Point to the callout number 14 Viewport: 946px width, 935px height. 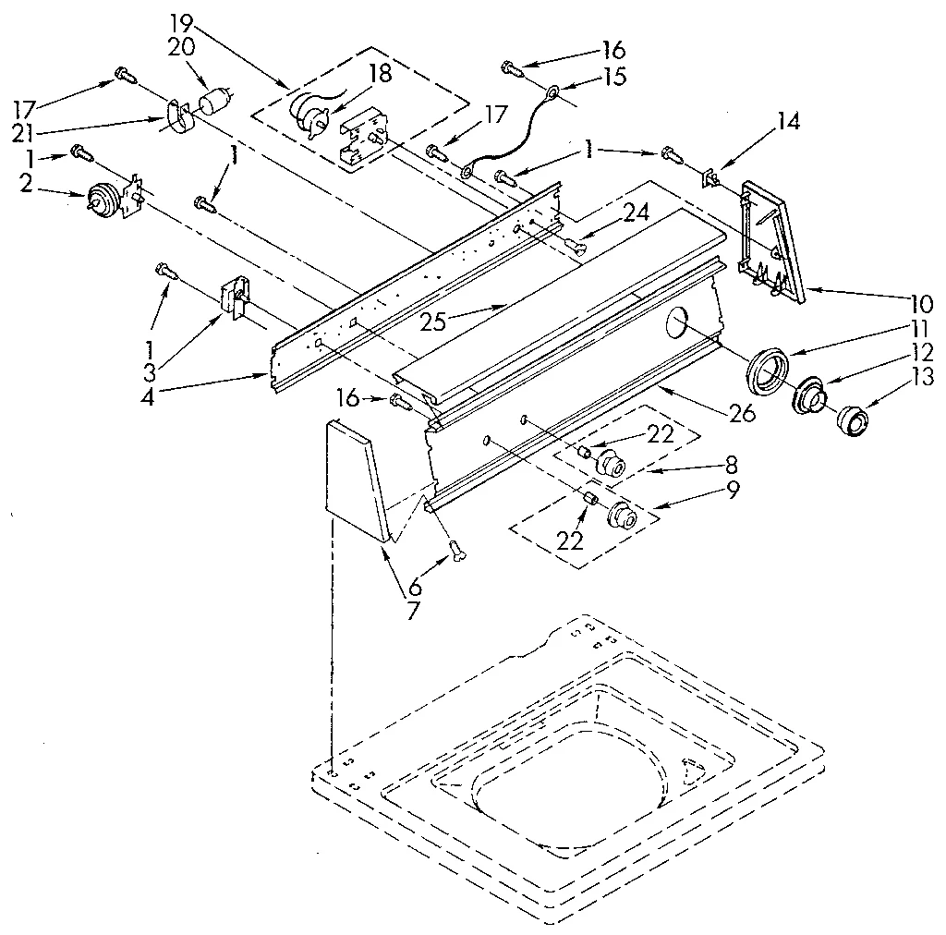[x=762, y=120]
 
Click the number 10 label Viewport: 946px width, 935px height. [x=920, y=302]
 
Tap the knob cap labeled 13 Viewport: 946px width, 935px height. [x=851, y=421]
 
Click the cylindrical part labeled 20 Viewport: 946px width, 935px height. [x=215, y=97]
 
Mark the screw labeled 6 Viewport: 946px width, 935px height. [x=455, y=551]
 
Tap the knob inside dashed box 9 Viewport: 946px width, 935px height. [x=624, y=516]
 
